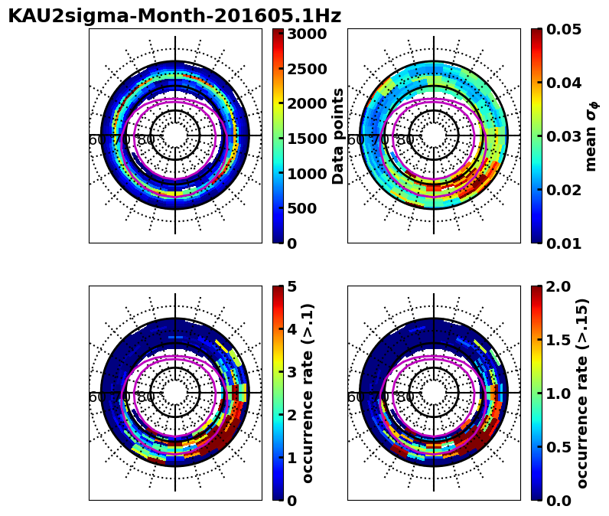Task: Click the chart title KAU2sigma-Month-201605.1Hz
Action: click(x=174, y=16)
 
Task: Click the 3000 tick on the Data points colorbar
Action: click(x=307, y=34)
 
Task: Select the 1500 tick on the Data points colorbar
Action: click(x=307, y=139)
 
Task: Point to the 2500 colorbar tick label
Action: click(x=307, y=69)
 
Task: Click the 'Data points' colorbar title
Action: click(x=338, y=136)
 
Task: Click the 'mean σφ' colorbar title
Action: click(x=591, y=136)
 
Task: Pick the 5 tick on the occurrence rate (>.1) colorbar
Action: click(x=291, y=286)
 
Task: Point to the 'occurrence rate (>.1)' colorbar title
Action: click(x=308, y=393)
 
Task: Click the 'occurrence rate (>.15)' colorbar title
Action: click(x=581, y=393)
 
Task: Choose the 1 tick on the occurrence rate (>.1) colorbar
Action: click(x=291, y=458)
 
